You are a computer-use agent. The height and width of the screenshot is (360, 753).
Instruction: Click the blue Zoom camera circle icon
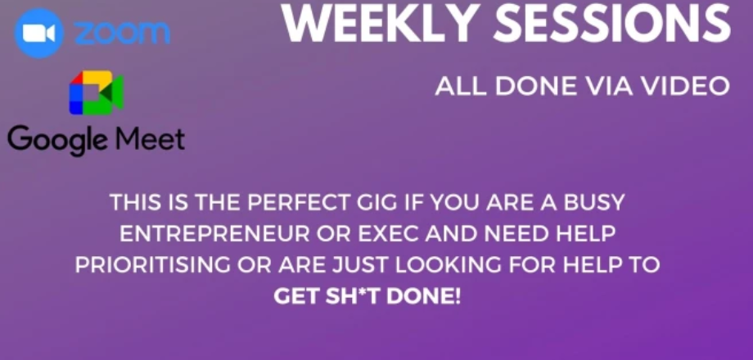pyautogui.click(x=39, y=34)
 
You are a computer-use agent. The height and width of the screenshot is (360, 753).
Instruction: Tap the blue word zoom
pyautogui.click(x=122, y=33)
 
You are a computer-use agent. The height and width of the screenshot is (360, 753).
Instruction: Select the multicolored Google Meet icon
pyautogui.click(x=97, y=93)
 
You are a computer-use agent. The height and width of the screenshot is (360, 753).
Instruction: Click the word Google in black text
pyautogui.click(x=57, y=140)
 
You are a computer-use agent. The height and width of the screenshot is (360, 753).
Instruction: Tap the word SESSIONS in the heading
pyautogui.click(x=612, y=24)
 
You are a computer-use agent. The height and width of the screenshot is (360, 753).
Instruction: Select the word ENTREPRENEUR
pyautogui.click(x=214, y=234)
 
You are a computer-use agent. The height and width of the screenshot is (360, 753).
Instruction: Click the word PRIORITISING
pyautogui.click(x=152, y=265)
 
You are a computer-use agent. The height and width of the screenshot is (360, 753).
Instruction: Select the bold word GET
pyautogui.click(x=295, y=296)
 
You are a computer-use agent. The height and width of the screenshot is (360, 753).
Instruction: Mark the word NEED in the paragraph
pyautogui.click(x=516, y=234)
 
